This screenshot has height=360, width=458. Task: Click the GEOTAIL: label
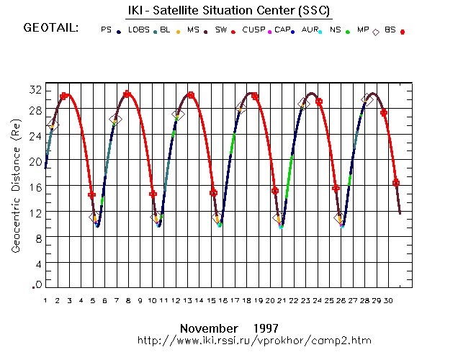point(51,29)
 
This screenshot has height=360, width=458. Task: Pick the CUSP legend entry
point(253,30)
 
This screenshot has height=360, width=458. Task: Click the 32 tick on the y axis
point(35,89)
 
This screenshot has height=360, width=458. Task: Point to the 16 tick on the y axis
point(35,186)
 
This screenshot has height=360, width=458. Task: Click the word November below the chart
point(208,327)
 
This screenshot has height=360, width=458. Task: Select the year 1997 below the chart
point(266,327)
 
